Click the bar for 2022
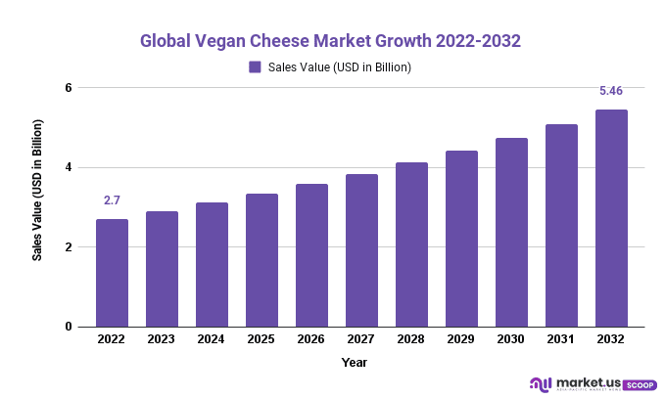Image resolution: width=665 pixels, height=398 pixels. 112,273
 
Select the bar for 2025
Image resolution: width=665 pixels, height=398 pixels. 261,260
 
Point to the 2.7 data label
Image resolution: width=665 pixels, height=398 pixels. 112,201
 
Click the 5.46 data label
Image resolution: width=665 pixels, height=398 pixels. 611,92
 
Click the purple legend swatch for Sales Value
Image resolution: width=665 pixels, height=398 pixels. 255,67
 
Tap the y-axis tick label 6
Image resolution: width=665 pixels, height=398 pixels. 70,88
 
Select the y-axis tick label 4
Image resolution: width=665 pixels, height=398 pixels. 70,167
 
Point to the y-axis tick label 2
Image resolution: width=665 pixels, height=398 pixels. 70,247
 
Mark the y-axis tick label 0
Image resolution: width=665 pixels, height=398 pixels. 70,327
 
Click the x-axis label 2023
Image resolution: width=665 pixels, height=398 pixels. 162,339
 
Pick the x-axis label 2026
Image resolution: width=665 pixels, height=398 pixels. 311,339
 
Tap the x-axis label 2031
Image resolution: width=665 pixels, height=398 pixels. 561,339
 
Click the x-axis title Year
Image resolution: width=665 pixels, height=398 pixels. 355,363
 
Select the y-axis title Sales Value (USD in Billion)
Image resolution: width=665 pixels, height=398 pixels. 38,191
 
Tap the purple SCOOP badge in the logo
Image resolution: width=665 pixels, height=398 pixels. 640,384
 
